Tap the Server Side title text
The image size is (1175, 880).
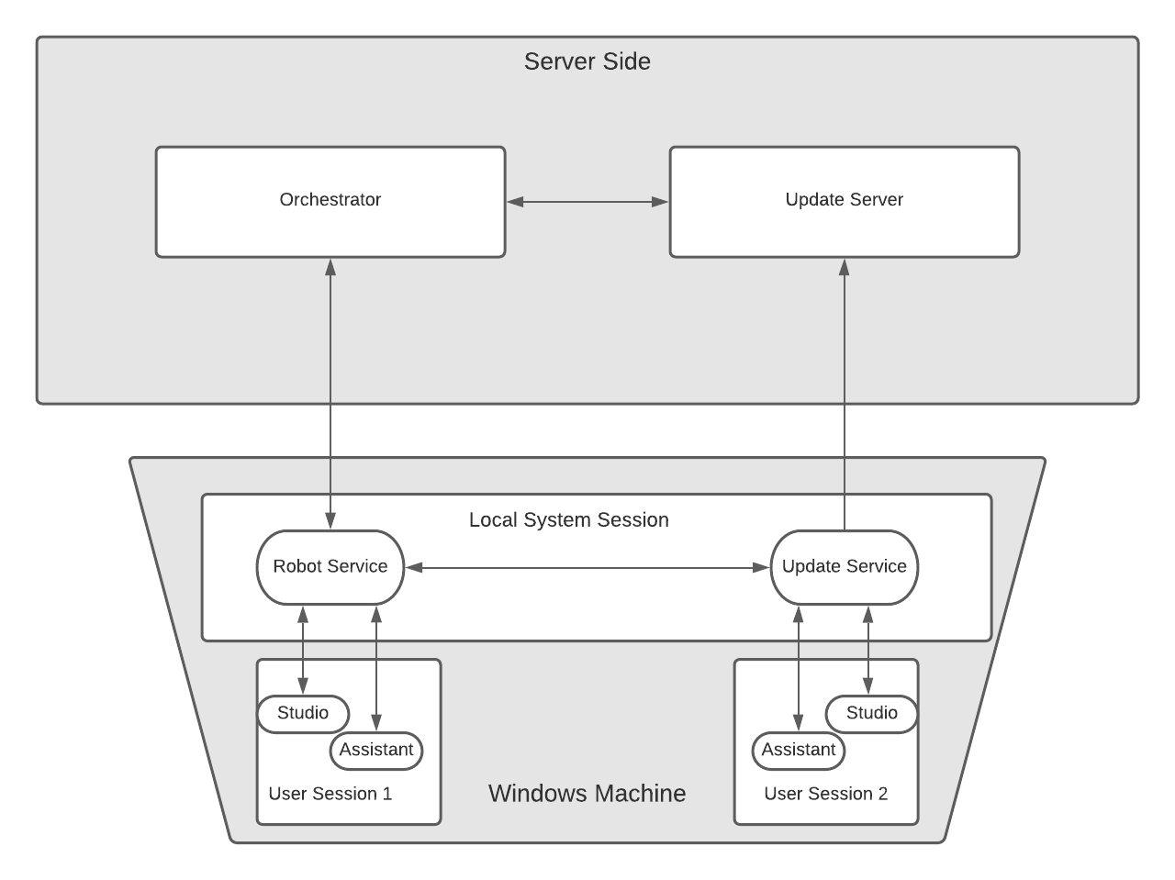coord(587,61)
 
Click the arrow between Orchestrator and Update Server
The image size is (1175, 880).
coord(587,202)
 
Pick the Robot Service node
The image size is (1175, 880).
coord(330,567)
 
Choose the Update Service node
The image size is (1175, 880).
coord(844,567)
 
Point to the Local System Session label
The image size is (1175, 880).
coord(568,520)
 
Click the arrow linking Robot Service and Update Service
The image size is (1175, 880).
coord(587,568)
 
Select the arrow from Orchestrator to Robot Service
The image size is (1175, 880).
coord(330,395)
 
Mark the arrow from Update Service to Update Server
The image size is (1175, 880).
coord(845,395)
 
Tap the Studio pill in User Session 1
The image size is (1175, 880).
coord(303,714)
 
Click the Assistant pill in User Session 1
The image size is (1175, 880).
coord(376,751)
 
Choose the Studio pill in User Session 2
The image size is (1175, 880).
coord(871,714)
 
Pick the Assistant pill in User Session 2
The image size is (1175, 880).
coord(799,751)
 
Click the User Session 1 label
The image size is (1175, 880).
coord(330,794)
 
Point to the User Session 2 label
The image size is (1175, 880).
coord(826,794)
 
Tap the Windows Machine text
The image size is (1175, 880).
coord(587,794)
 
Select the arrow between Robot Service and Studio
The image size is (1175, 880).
coord(303,650)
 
